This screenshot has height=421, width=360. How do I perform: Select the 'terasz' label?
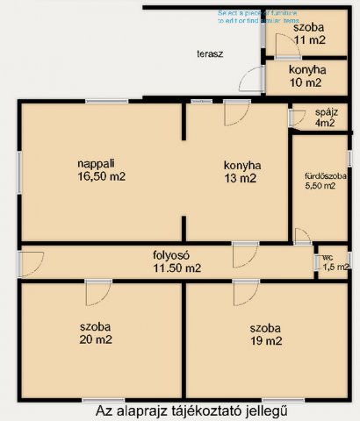coord(210,54)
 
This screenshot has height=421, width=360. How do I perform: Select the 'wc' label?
coord(328,258)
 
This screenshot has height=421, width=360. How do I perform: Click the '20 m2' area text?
coord(98,340)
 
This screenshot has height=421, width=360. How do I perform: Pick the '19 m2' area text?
coord(264,340)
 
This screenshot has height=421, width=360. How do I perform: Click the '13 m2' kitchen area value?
coord(240,178)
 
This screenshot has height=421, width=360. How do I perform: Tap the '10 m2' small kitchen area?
coord(306,83)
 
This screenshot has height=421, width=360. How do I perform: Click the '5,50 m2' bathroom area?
coord(325,186)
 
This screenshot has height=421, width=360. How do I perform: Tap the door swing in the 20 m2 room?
coord(96,291)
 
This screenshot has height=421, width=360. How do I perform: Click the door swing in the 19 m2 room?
coord(244,293)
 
